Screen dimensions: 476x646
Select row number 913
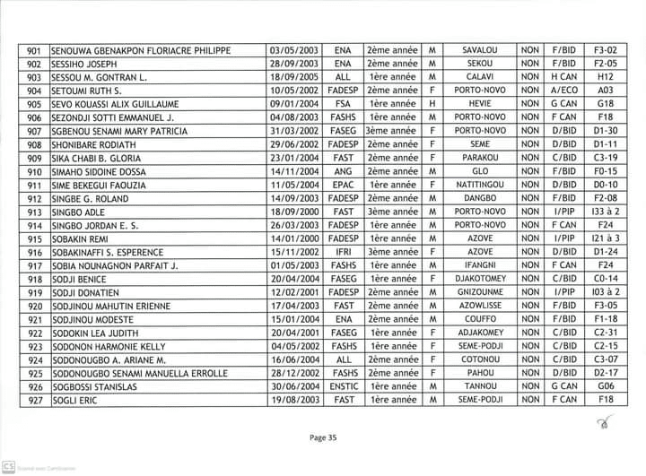(x=35, y=212)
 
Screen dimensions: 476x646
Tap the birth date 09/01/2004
(x=294, y=104)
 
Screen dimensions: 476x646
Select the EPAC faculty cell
(x=342, y=186)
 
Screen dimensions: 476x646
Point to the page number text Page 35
(x=322, y=438)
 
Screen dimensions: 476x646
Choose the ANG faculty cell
(x=342, y=171)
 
